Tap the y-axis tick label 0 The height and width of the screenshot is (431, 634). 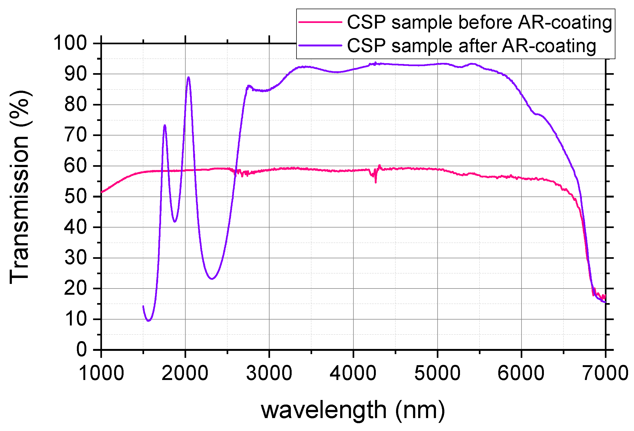(x=81, y=349)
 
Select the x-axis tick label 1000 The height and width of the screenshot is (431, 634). (x=101, y=373)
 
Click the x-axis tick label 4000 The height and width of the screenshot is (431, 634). (x=353, y=373)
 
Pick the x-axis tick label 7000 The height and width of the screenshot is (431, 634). (x=605, y=373)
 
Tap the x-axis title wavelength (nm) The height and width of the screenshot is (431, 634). (x=353, y=410)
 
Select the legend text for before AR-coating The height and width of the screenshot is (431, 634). (x=479, y=22)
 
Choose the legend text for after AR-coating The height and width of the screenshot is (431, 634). (x=471, y=46)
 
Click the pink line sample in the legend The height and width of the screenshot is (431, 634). (x=320, y=22)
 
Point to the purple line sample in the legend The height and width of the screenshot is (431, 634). (x=320, y=45)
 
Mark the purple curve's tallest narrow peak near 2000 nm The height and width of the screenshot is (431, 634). (x=188, y=77)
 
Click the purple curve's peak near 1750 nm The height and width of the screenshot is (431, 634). (x=165, y=125)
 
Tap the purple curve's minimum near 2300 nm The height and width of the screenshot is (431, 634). (x=212, y=279)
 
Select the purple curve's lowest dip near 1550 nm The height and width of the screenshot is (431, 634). (x=148, y=321)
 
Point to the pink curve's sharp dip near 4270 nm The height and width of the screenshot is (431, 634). (x=376, y=182)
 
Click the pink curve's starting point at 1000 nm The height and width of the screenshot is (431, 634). (x=101, y=192)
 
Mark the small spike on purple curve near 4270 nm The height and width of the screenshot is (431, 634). (x=376, y=63)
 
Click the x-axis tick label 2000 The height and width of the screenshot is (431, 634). (x=185, y=373)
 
